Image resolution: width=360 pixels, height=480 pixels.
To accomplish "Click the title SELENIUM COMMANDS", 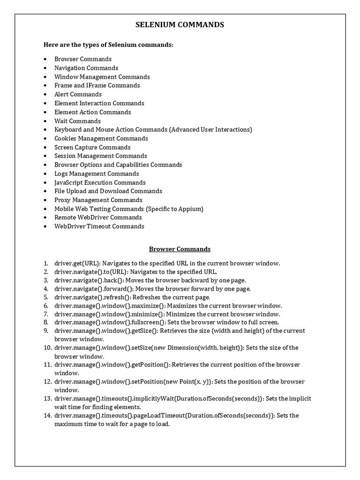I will click(x=180, y=25).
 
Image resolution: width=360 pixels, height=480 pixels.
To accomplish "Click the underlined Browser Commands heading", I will click(x=180, y=249).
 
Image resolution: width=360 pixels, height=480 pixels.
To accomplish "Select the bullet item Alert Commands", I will click(x=78, y=94).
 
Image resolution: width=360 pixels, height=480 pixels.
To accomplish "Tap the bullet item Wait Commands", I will click(x=77, y=121).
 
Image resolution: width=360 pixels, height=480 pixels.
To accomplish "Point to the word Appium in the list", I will click(x=191, y=209).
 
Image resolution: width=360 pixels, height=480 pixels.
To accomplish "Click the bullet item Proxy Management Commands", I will click(x=98, y=200).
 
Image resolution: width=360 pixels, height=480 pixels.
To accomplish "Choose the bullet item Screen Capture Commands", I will click(x=92, y=147).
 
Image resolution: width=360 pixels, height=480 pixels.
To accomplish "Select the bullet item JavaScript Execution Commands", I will click(x=100, y=182).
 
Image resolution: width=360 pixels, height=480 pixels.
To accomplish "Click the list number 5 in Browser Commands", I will click(x=46, y=297).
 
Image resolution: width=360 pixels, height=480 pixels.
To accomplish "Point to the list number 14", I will click(x=47, y=415).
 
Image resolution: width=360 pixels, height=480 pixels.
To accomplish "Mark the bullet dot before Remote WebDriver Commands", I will click(x=45, y=217).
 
